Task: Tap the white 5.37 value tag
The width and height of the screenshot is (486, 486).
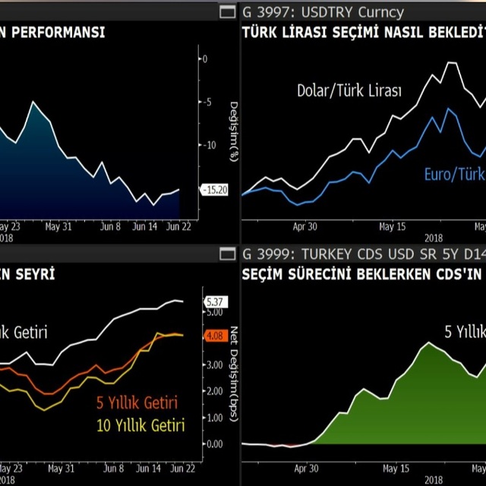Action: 216,301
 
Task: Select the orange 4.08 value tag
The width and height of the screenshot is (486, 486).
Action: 216,335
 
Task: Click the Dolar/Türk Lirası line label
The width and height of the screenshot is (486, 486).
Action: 349,91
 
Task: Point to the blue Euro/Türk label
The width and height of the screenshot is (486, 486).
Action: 453,175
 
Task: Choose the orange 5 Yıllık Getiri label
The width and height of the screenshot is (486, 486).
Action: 137,402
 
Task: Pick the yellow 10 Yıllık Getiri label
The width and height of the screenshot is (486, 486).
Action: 140,425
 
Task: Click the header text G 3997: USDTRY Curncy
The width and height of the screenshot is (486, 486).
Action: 323,12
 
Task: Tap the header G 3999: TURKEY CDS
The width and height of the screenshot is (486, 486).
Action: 334,254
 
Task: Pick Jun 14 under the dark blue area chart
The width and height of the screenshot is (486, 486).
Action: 144,226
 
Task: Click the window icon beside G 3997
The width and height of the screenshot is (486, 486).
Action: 227,12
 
